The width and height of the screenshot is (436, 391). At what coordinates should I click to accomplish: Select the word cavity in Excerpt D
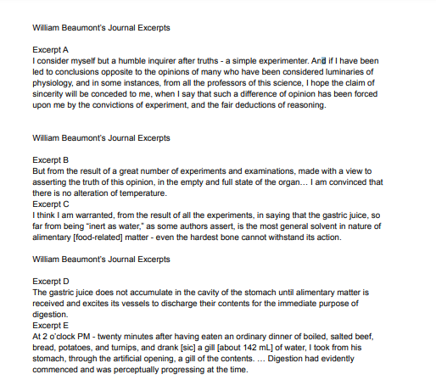coord(202,292)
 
